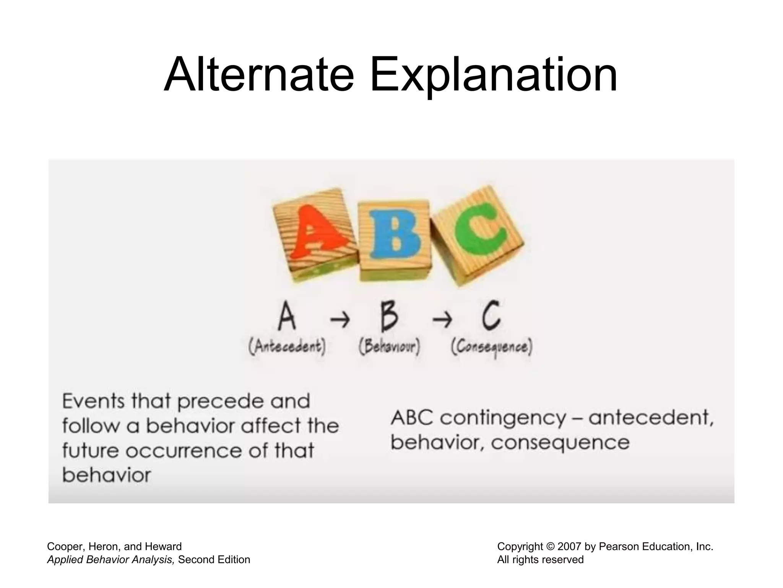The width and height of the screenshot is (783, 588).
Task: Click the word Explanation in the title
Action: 493,75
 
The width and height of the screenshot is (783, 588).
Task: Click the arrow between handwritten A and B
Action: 340,320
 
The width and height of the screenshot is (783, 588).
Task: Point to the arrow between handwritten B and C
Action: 442,320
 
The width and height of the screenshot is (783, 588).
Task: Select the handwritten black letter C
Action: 491,316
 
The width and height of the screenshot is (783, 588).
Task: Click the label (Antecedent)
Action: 287,348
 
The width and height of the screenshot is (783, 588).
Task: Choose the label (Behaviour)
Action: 389,348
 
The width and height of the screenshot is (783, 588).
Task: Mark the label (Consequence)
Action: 492,348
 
